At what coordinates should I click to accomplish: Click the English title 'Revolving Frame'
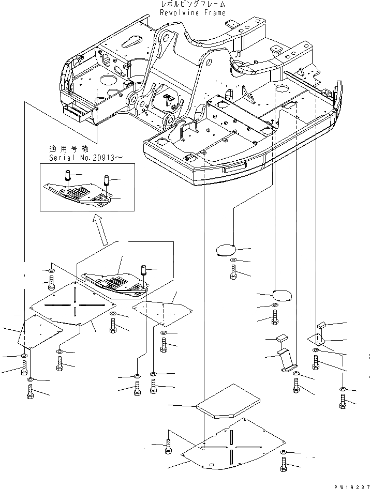[x=193, y=13]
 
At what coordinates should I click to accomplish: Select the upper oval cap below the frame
[x=225, y=250]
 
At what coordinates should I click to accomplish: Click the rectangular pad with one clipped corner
[x=228, y=402]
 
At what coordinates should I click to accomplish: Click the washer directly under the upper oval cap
[x=233, y=260]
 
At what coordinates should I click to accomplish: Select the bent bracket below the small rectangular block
[x=285, y=360]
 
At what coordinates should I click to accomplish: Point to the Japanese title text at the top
[x=193, y=5]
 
